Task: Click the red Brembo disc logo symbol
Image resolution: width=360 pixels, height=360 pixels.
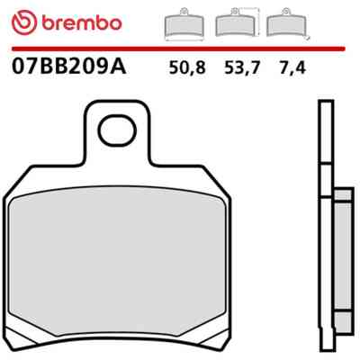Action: coord(24,22)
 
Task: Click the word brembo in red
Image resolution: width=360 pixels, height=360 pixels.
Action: coord(82,22)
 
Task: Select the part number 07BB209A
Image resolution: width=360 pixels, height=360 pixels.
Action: coord(68,67)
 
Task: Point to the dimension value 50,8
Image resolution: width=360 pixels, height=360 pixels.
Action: coord(187,67)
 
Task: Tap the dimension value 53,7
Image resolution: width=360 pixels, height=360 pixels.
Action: coord(241,67)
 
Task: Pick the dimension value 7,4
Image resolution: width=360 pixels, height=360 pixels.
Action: coord(292,67)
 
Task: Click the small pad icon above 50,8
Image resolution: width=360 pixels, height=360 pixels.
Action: coord(184,24)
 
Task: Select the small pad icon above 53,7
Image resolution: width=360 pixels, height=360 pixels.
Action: coord(236,23)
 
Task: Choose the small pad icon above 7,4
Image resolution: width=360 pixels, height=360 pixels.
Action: coord(286,23)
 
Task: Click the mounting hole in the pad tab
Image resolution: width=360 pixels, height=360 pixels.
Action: coord(117,131)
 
